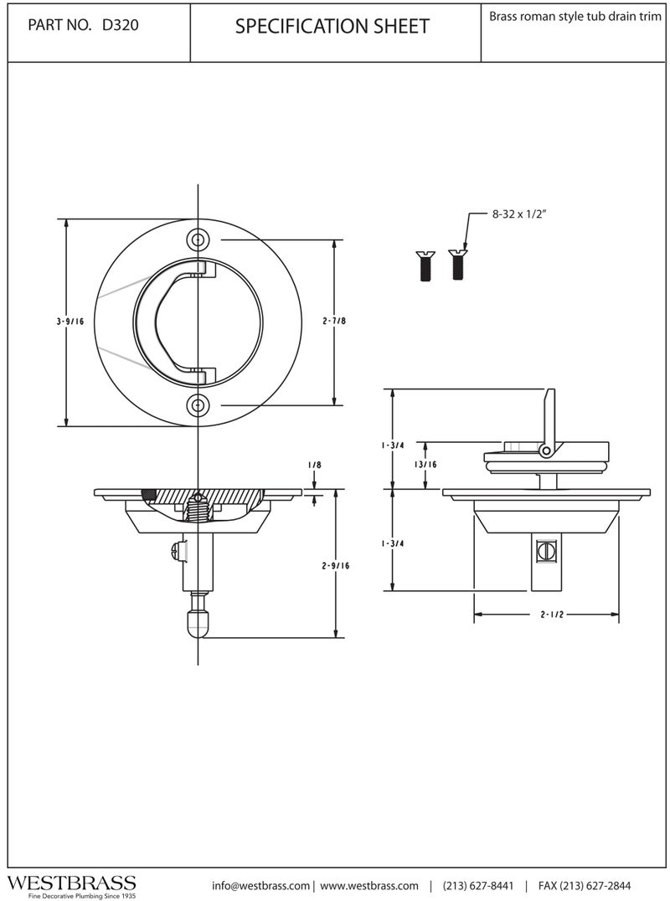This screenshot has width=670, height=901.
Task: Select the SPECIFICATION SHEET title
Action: tap(332, 27)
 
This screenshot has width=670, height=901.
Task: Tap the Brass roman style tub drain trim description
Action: tap(575, 16)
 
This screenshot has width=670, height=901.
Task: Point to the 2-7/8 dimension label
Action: tap(334, 322)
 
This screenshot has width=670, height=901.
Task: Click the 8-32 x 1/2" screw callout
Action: tap(518, 214)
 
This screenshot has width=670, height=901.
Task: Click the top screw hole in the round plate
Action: tap(198, 239)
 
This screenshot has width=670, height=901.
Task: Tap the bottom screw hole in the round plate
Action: tap(198, 404)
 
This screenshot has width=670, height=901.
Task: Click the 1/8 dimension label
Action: tap(314, 465)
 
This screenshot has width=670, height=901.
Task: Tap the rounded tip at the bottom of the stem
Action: tap(198, 624)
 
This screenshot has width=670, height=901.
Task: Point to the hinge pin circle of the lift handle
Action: tap(545, 450)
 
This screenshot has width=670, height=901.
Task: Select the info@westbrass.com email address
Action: tap(260, 885)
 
